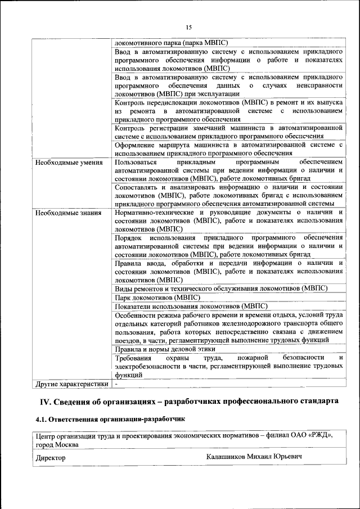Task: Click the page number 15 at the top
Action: tap(188, 28)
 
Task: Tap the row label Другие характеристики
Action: tap(71, 384)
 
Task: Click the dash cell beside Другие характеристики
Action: tap(116, 384)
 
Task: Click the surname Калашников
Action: tap(230, 457)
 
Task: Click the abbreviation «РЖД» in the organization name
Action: tap(320, 435)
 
